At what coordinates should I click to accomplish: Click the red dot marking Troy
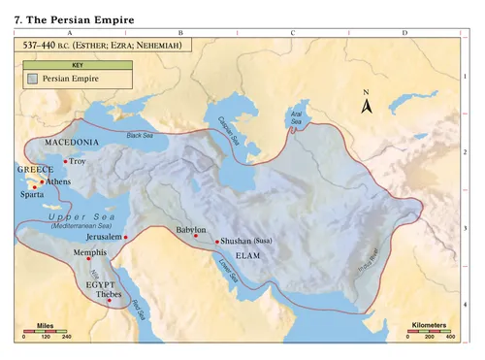[x=65, y=161]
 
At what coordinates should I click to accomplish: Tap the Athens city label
[x=57, y=181]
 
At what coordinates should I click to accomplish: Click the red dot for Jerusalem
[x=125, y=237]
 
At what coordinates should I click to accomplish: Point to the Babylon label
[x=190, y=230]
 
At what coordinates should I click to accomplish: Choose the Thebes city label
[x=108, y=293]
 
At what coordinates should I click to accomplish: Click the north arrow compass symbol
[x=367, y=103]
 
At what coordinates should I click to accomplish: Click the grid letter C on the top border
[x=292, y=33]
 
